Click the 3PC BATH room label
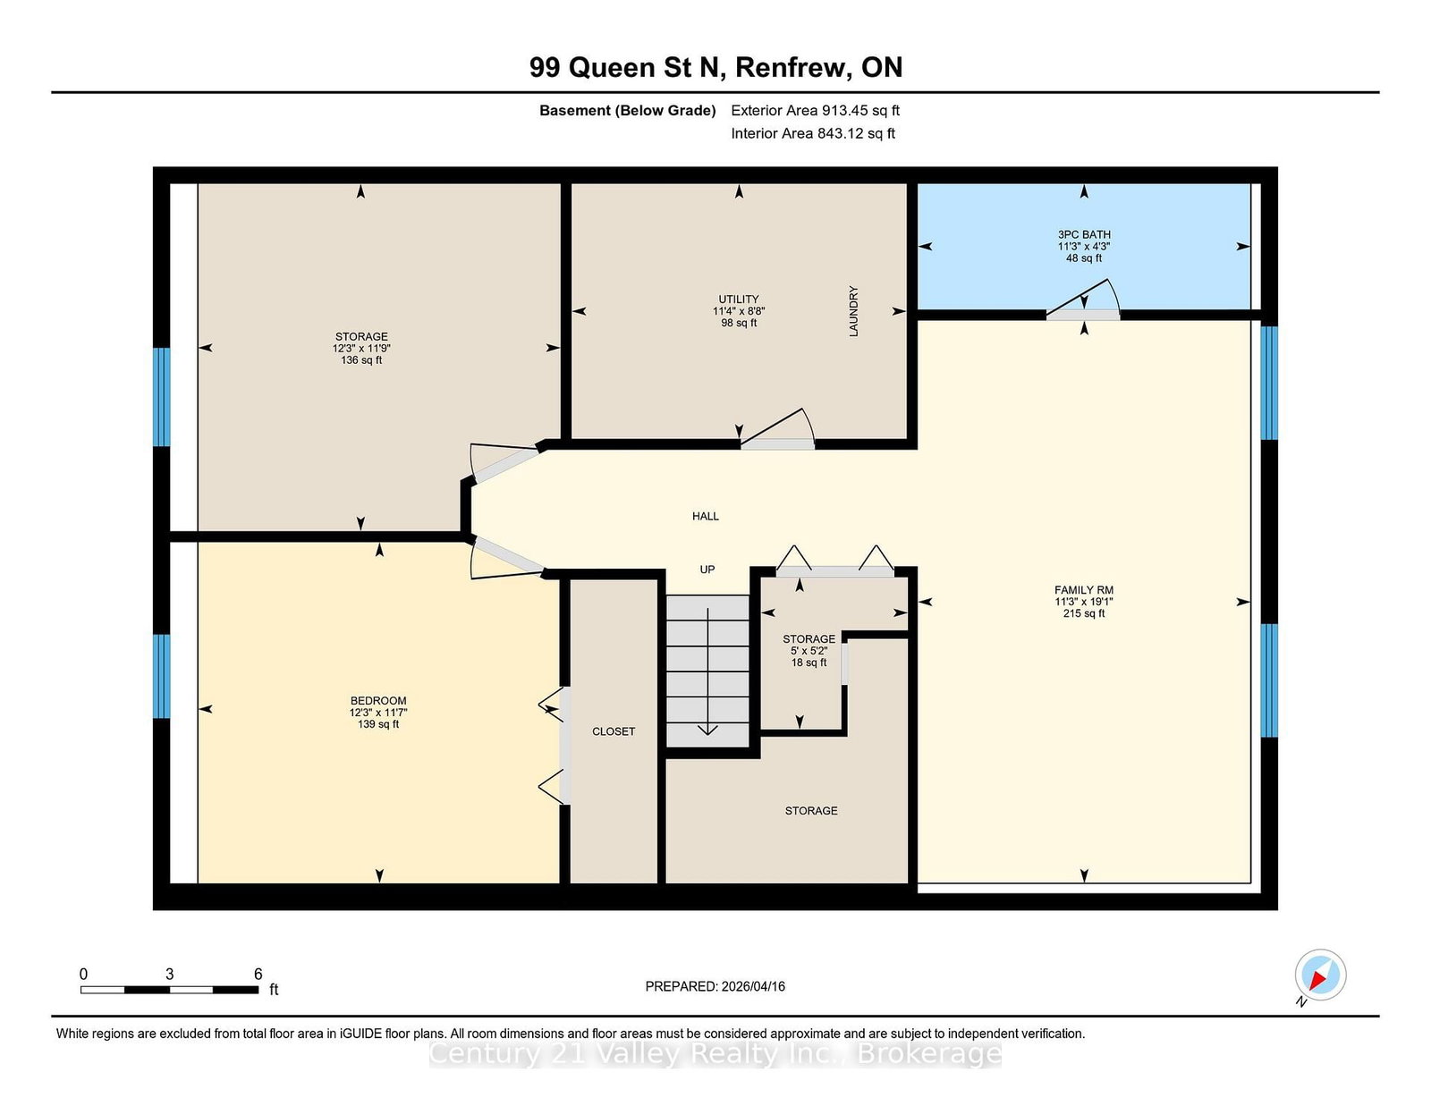[x=1084, y=234]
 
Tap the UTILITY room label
[x=739, y=299]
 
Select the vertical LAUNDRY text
[x=853, y=311]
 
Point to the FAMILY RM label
[x=1084, y=590]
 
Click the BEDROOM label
[x=378, y=700]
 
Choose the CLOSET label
[x=614, y=731]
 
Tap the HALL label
[x=706, y=516]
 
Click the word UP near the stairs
[x=707, y=570]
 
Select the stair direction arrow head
[x=708, y=730]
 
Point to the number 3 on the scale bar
[x=169, y=974]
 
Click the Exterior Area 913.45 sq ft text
[x=816, y=111]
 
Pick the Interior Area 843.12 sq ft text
[x=813, y=133]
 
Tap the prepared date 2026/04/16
[x=753, y=986]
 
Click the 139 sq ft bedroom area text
[x=378, y=724]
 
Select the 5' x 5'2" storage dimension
[x=809, y=650]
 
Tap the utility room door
[x=778, y=428]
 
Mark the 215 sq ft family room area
[x=1084, y=613]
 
